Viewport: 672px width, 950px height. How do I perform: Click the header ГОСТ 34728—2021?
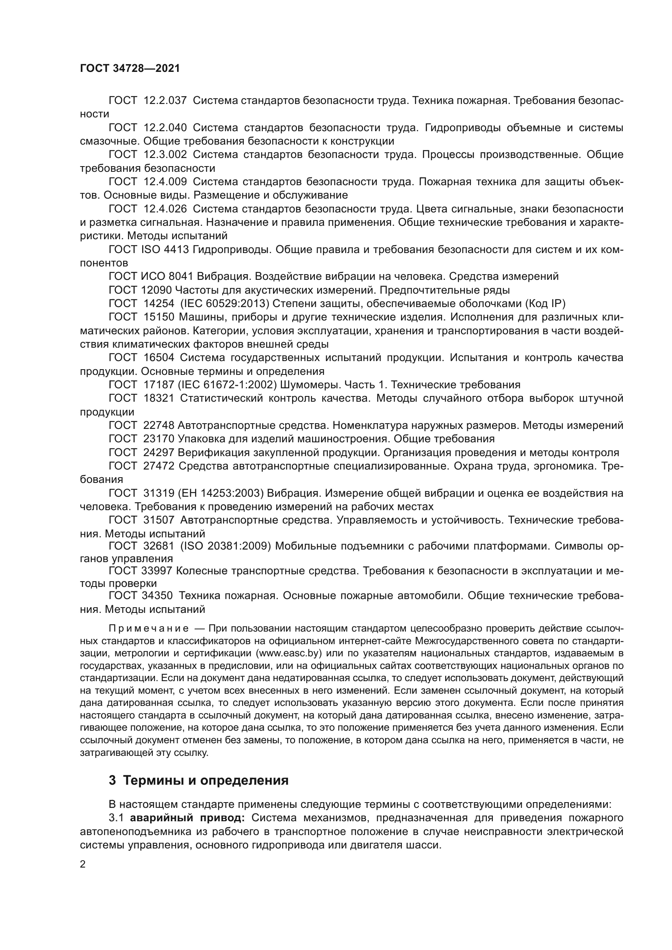(130, 69)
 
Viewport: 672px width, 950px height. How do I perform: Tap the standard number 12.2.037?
(165, 101)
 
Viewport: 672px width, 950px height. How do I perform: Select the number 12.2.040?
(165, 128)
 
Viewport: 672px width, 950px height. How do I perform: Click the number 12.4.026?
(165, 209)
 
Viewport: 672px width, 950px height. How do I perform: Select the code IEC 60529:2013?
(225, 304)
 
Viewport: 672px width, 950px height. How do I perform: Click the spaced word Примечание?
(149, 629)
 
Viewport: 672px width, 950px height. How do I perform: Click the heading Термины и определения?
(206, 781)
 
